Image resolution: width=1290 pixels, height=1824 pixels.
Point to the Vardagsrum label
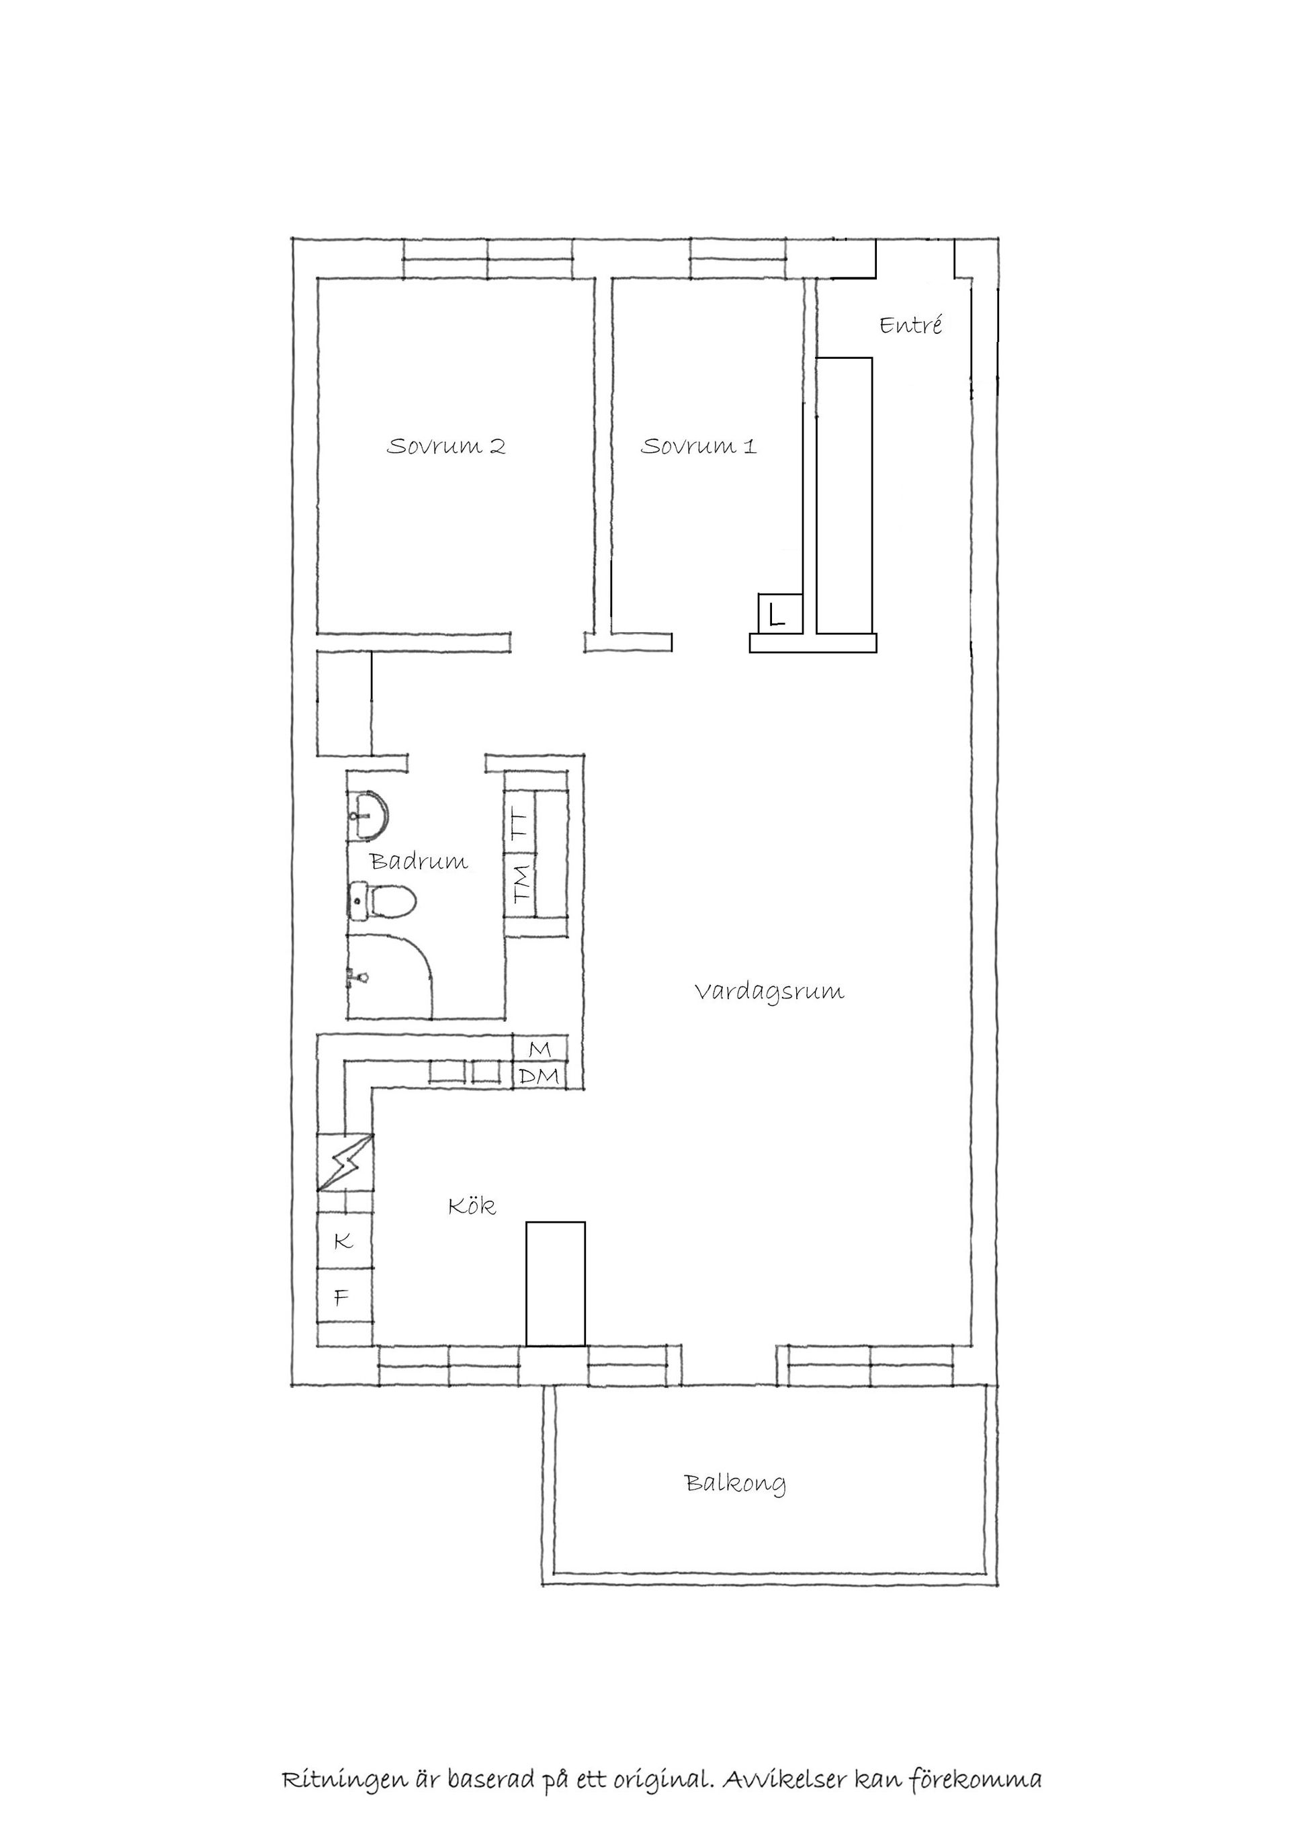pyautogui.click(x=769, y=992)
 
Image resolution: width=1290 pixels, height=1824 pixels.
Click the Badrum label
pyautogui.click(x=419, y=861)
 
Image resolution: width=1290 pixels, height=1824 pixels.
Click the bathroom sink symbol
pyautogui.click(x=368, y=815)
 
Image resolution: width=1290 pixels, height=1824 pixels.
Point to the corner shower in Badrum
pyautogui.click(x=389, y=977)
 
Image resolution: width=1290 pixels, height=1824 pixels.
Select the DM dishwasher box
pyautogui.click(x=540, y=1076)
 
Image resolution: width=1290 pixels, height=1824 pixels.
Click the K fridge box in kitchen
pyautogui.click(x=344, y=1241)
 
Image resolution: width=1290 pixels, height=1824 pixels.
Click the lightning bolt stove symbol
pyautogui.click(x=344, y=1162)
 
